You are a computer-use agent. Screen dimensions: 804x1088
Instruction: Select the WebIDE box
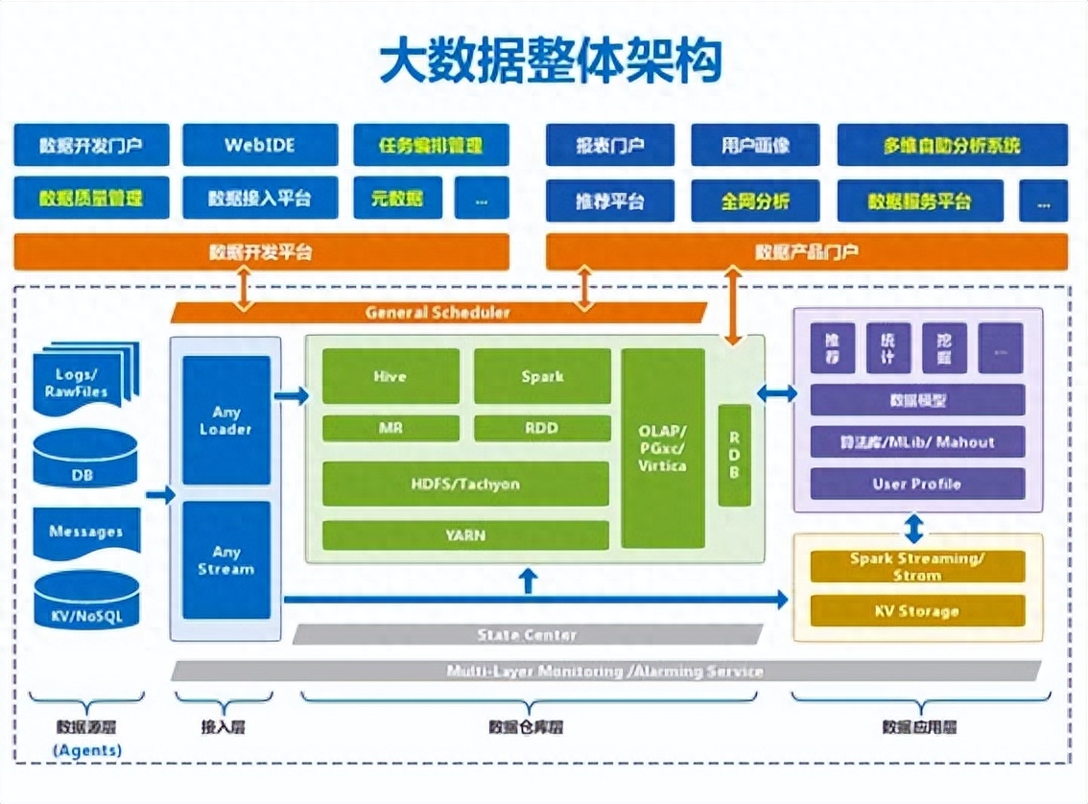point(260,146)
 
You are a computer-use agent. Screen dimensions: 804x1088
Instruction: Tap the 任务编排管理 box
point(431,146)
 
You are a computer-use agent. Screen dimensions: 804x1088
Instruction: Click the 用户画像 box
point(755,146)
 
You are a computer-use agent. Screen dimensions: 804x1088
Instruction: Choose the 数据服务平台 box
point(919,201)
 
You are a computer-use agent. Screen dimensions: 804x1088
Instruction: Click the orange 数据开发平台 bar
point(261,252)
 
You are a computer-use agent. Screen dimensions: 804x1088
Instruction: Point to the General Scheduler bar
point(438,313)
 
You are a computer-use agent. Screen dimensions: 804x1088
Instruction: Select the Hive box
point(390,376)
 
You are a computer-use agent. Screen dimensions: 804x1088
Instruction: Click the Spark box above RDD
point(542,376)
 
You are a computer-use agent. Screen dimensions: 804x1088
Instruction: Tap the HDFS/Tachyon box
point(465,484)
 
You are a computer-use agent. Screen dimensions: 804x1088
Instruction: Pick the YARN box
point(465,535)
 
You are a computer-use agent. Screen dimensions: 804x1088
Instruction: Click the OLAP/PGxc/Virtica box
point(662,448)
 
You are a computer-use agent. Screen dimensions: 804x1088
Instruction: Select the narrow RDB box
point(734,455)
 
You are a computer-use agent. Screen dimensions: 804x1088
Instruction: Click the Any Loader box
point(226,420)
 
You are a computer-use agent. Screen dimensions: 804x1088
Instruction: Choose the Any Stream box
point(226,560)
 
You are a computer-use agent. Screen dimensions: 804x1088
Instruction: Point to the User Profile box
point(916,484)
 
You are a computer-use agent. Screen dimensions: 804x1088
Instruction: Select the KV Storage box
point(916,611)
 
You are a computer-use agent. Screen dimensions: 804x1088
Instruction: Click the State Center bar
point(527,635)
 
